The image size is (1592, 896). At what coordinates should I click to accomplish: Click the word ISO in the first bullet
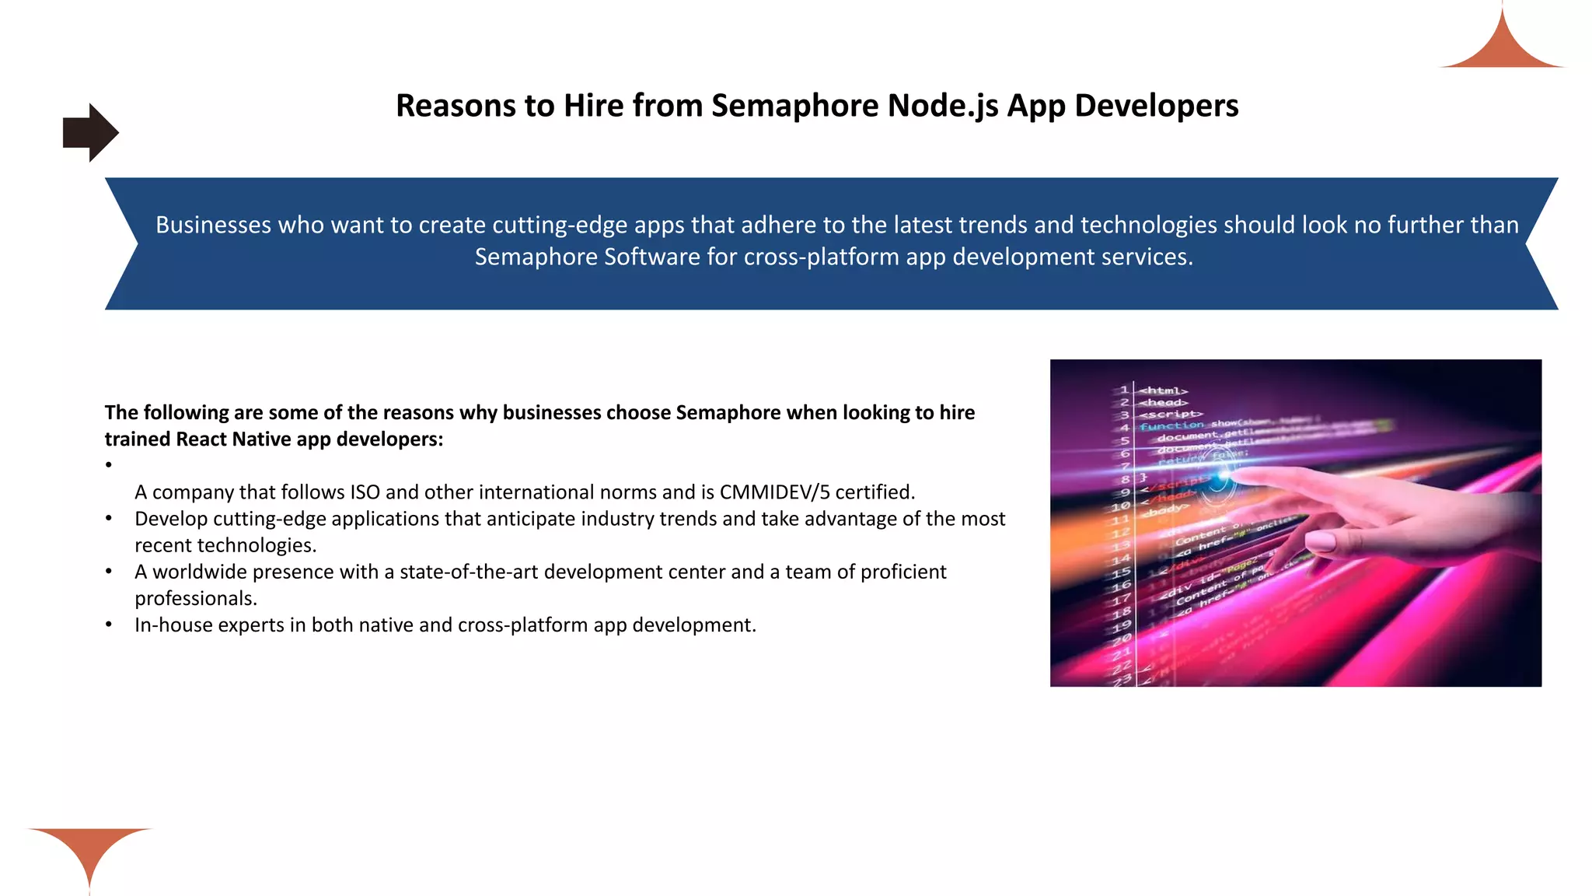(365, 492)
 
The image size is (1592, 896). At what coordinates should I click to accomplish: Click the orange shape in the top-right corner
(1502, 47)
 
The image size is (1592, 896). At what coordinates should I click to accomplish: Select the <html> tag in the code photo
(1164, 390)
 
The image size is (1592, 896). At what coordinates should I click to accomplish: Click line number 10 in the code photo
(1120, 506)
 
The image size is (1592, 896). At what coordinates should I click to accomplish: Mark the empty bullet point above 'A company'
(109, 465)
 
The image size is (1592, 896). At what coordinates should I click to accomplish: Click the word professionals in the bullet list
(195, 599)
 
